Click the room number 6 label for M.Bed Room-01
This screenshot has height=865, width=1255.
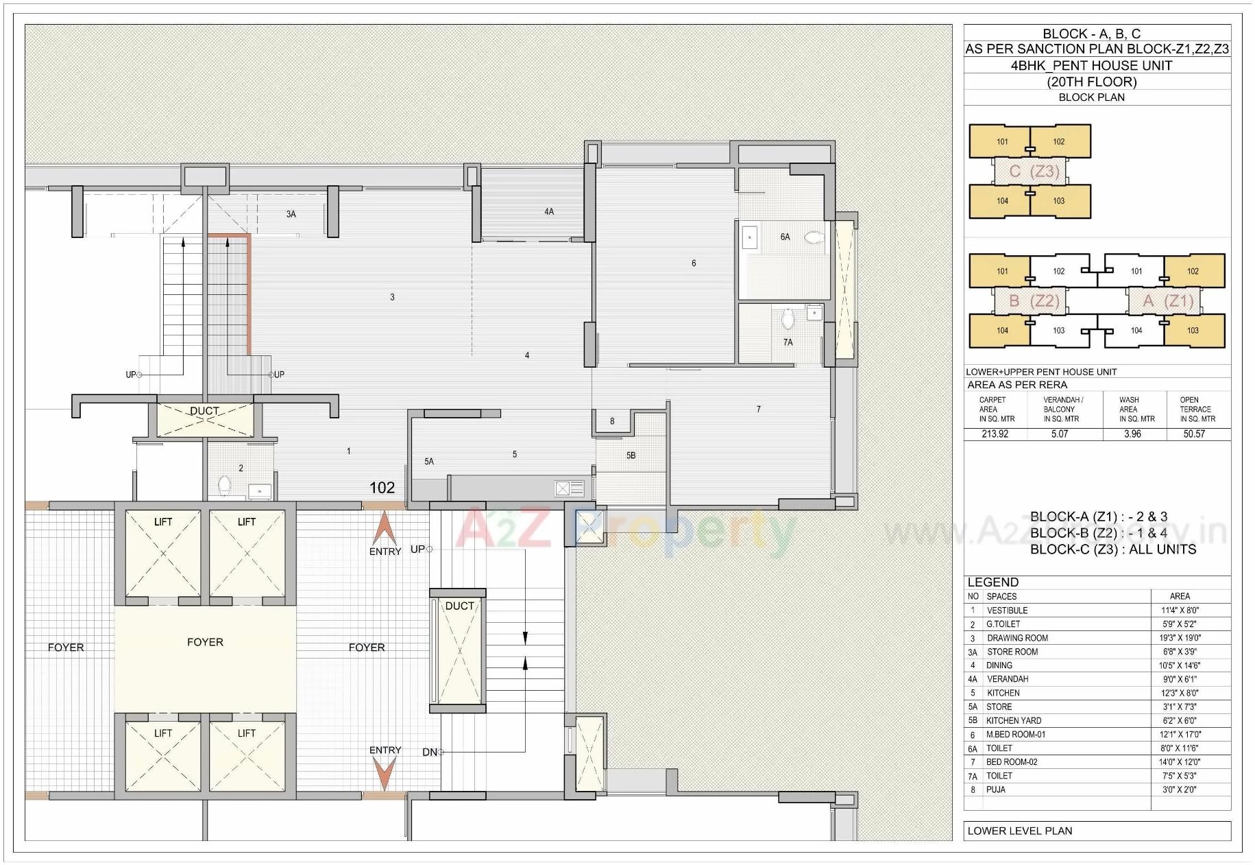tap(694, 263)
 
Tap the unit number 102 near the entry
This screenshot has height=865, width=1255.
tap(382, 488)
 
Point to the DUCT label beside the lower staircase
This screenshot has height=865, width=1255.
tap(459, 606)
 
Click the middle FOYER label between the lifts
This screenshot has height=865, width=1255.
tap(205, 642)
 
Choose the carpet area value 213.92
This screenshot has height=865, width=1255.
tap(995, 434)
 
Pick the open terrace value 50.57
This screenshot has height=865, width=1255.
tap(1193, 434)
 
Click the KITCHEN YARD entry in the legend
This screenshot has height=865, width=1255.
tap(1013, 721)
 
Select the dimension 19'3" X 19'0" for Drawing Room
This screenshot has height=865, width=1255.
tap(1180, 638)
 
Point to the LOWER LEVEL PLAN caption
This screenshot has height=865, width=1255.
tap(1019, 831)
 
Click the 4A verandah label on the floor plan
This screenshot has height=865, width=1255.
tap(549, 212)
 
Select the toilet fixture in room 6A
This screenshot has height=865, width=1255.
tap(814, 237)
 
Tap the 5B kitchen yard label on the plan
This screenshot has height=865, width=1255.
tap(631, 455)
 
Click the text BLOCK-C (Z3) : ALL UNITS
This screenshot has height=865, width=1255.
tap(1112, 549)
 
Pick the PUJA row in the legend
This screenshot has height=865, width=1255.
tap(995, 790)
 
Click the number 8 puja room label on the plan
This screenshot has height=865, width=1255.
tap(612, 421)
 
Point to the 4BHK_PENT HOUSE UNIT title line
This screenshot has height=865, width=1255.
tap(1091, 66)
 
